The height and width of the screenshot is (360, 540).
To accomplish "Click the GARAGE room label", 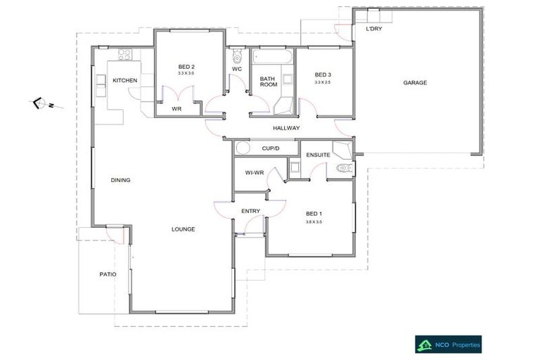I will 415,83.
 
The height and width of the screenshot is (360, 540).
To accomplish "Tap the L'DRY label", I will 374,30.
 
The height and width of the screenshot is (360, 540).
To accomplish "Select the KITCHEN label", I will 124,80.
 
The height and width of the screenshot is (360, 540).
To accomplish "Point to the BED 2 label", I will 186,67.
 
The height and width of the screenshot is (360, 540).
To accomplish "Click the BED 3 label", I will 322,75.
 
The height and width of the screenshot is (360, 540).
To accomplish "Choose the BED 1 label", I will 314,214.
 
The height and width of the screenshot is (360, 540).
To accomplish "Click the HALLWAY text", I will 286,128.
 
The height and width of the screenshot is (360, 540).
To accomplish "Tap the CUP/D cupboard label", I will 271,148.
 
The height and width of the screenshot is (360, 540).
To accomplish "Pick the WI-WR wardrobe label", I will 254,172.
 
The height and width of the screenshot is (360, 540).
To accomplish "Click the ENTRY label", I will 250,211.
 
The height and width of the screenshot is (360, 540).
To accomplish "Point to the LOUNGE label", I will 184,229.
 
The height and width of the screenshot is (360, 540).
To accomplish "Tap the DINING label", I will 120,180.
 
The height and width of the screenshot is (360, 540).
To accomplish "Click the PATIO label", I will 108,274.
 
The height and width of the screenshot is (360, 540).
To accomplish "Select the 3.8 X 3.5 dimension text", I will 314,222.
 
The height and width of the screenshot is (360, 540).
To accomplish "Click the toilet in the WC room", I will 236,55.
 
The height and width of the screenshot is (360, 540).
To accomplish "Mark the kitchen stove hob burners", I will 125,54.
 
